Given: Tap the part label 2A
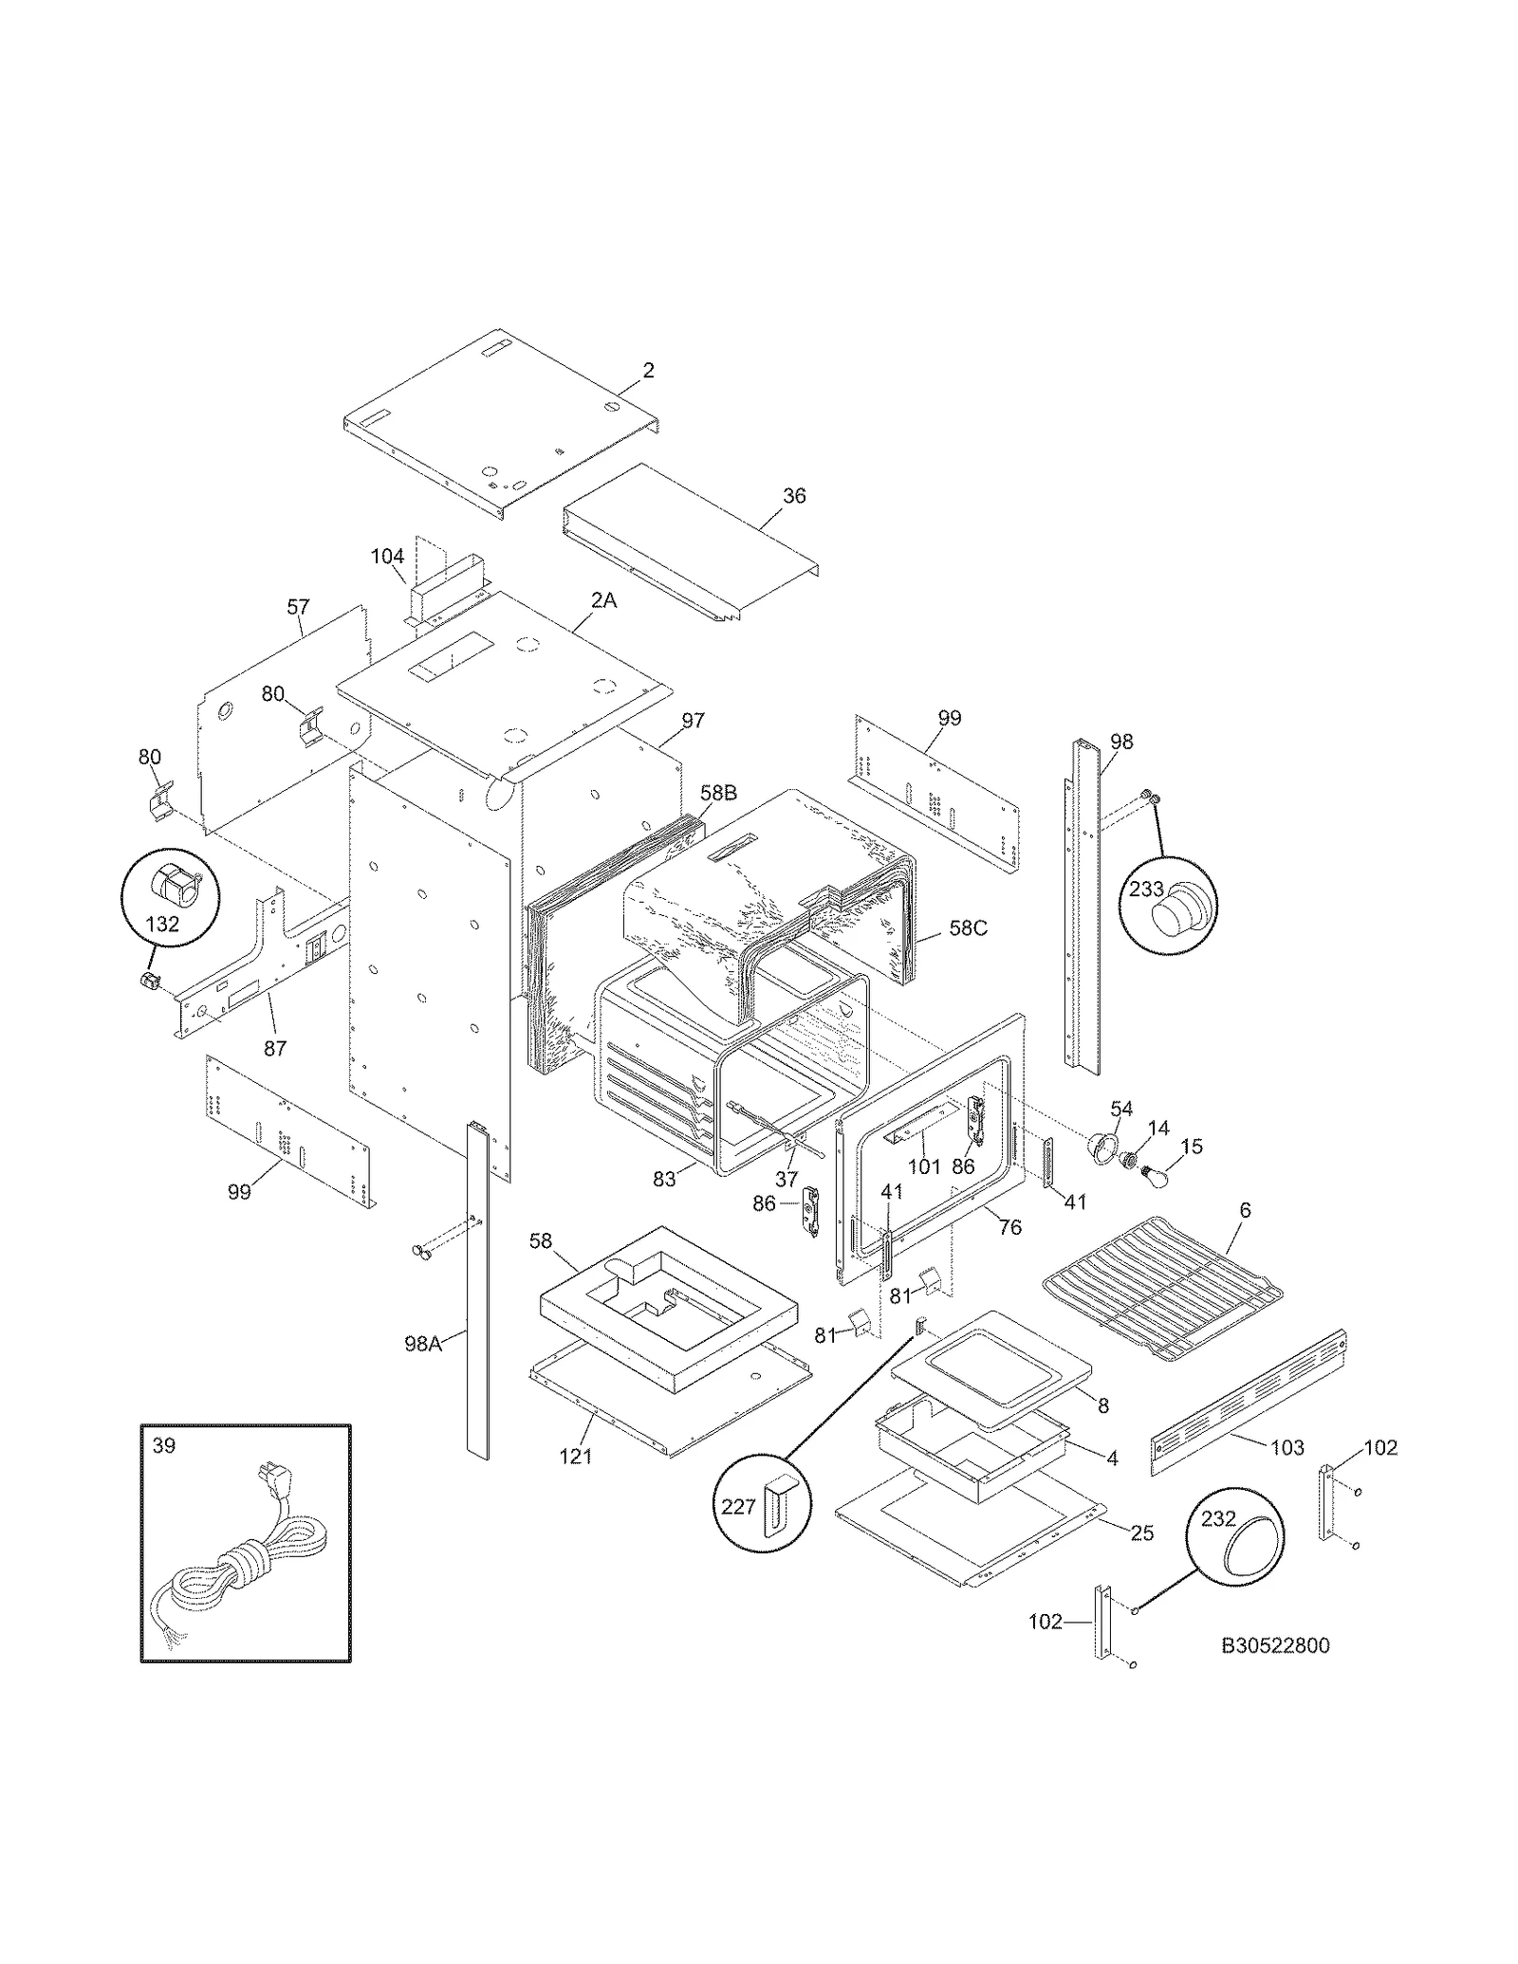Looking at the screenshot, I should pos(603,600).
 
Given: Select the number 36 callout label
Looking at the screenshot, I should pos(794,496).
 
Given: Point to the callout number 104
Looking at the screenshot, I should pos(387,557).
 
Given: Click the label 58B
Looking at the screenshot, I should pos(718,793).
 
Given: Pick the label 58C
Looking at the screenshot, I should pos(968,928).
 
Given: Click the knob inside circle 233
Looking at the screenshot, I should pos(1175,909).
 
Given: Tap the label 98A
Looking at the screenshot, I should pos(423,1343).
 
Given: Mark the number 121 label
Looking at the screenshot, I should pos(575,1457).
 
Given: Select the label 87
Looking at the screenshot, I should pos(275,1048).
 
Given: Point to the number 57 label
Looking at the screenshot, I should pos(298,607).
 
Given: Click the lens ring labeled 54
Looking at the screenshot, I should pos(1101,1148).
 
